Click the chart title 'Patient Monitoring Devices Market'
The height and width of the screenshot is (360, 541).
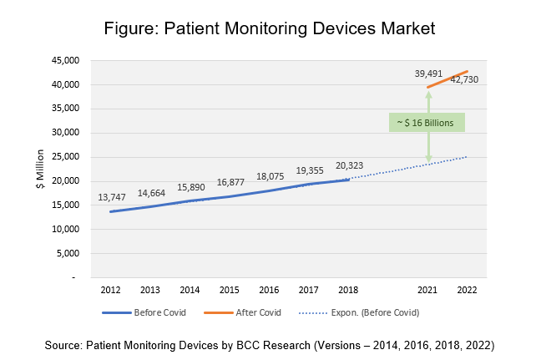click(270, 28)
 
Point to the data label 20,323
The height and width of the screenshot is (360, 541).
click(351, 165)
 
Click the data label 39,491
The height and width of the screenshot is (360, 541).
click(429, 74)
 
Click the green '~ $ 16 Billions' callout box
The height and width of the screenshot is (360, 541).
click(427, 123)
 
